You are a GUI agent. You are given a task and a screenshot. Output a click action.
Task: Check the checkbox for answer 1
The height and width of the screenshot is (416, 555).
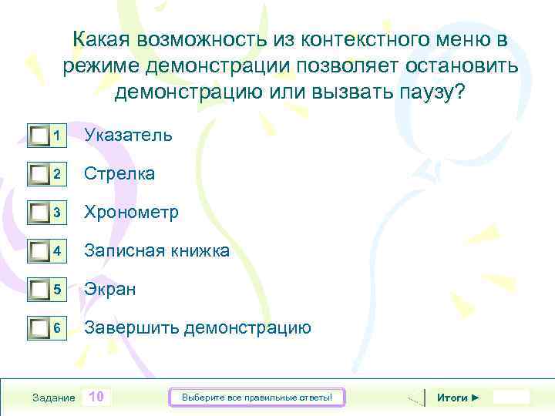[39, 136]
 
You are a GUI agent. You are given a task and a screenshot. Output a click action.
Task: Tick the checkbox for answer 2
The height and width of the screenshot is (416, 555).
[39, 175]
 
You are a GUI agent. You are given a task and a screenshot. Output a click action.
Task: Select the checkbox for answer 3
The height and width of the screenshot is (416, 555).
[39, 213]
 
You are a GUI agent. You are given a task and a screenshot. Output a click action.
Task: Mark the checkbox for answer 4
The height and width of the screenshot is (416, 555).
[39, 252]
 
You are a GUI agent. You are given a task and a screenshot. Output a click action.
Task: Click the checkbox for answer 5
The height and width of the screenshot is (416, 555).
[39, 290]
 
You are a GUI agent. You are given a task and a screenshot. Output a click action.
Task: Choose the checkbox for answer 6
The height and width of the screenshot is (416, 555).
[39, 329]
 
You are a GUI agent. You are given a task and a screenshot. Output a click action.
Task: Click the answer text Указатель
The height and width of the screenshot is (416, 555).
[128, 135]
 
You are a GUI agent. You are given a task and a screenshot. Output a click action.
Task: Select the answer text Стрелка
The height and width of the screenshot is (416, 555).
[119, 173]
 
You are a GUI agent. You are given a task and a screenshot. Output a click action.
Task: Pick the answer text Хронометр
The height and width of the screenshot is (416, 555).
[131, 212]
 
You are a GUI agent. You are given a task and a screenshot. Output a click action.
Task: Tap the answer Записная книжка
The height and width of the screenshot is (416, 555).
[156, 250]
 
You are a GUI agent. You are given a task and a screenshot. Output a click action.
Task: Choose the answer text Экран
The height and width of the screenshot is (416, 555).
[110, 289]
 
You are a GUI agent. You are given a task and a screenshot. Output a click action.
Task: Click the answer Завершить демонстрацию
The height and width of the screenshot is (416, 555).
[197, 327]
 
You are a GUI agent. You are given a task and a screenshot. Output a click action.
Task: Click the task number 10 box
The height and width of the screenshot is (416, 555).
[96, 397]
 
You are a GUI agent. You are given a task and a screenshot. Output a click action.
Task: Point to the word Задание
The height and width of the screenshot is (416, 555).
[54, 398]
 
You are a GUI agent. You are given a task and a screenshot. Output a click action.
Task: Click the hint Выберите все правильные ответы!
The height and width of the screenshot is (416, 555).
[257, 398]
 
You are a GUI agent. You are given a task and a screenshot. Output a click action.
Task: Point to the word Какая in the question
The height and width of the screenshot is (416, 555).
[102, 39]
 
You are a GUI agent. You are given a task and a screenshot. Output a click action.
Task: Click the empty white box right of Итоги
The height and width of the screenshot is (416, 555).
[511, 397]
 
